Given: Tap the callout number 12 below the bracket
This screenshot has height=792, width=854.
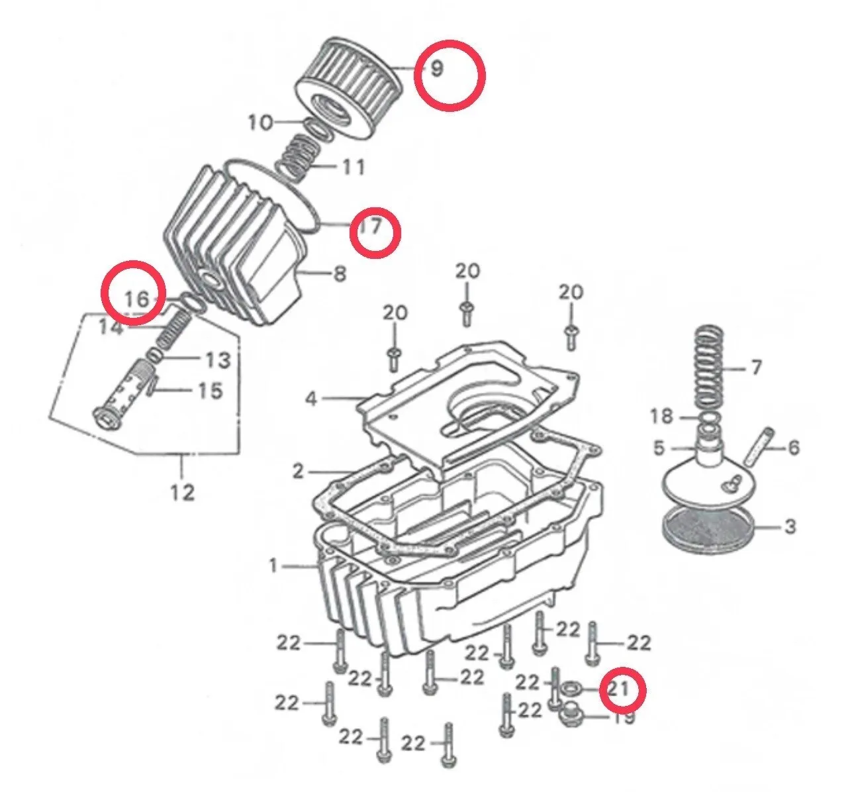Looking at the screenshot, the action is [183, 492].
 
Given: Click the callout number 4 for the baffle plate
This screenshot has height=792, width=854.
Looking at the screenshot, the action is [311, 399].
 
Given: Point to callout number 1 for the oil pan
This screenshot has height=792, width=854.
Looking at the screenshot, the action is [274, 566].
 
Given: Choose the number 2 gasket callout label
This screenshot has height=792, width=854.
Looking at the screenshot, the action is [298, 472].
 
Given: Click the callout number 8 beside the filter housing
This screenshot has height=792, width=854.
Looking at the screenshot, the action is [340, 273].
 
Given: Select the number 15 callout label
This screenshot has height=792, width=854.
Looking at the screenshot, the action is [210, 391].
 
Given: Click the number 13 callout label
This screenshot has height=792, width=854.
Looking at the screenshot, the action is [218, 360].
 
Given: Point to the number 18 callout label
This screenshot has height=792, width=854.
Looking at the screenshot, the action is [661, 416].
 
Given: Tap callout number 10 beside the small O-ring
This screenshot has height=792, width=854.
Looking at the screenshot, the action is [261, 123].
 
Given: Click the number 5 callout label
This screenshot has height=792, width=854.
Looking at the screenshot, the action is [659, 448].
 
